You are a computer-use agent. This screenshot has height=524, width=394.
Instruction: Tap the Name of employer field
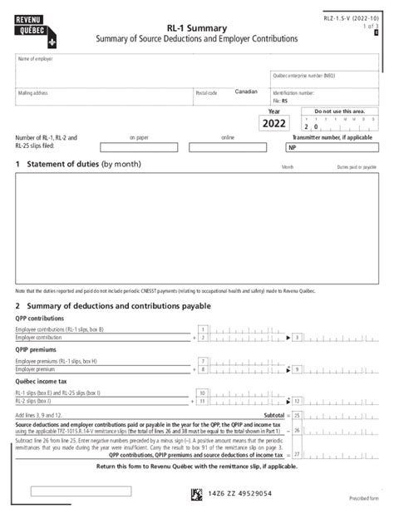[141, 67]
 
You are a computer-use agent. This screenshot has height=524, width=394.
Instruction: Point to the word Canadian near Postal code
[246, 91]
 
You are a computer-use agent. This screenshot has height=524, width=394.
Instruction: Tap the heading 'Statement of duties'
[62, 166]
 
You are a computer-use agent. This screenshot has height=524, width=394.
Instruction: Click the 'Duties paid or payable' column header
[356, 167]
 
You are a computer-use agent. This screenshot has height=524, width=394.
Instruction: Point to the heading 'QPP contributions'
[40, 319]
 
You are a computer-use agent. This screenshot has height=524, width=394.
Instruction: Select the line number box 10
[202, 392]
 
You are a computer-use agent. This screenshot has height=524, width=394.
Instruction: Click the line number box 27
[297, 454]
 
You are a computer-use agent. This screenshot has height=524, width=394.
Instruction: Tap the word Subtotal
[273, 414]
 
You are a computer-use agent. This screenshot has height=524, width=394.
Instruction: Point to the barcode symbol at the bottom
[196, 493]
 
